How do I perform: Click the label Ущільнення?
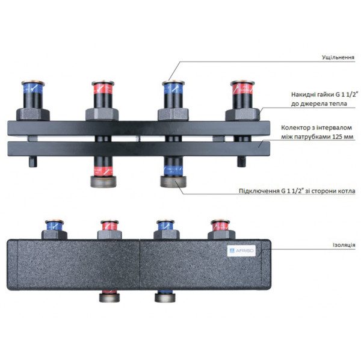point(338,57)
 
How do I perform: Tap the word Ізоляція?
point(344,245)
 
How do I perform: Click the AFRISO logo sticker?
point(241,251)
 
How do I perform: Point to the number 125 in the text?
point(336,137)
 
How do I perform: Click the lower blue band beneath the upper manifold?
point(173,171)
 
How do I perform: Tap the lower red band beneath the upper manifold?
point(103,171)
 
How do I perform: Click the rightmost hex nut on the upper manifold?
point(242,114)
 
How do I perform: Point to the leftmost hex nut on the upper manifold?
point(33,114)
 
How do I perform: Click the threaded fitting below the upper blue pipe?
point(173,182)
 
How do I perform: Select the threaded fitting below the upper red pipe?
point(103,182)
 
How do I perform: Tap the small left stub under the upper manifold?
point(33,161)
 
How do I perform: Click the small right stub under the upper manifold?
point(242,161)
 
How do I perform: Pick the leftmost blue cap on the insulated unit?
point(55,226)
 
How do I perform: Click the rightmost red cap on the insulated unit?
point(221,226)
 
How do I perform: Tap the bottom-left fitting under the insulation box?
point(110,297)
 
